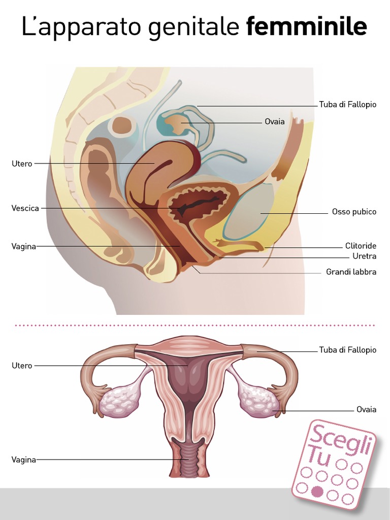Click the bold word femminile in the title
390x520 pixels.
click(x=306, y=27)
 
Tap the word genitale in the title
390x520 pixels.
click(x=195, y=28)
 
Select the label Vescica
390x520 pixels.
click(x=25, y=208)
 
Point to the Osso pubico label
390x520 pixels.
click(x=354, y=212)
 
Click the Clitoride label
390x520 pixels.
click(x=361, y=246)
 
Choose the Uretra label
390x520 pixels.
click(x=364, y=256)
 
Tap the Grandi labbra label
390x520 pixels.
click(x=351, y=272)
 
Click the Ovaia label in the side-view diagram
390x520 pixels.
click(x=274, y=122)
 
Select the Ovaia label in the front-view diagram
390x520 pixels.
click(x=366, y=409)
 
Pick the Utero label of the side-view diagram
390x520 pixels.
click(x=22, y=164)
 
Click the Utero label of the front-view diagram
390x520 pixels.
click(x=22, y=366)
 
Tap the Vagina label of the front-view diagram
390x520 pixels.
click(x=24, y=460)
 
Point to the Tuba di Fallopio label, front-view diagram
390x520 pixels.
click(x=347, y=350)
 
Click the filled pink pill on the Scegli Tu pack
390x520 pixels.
click(x=317, y=491)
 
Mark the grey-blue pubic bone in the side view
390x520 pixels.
click(x=249, y=213)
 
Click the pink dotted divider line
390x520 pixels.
click(x=195, y=325)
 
